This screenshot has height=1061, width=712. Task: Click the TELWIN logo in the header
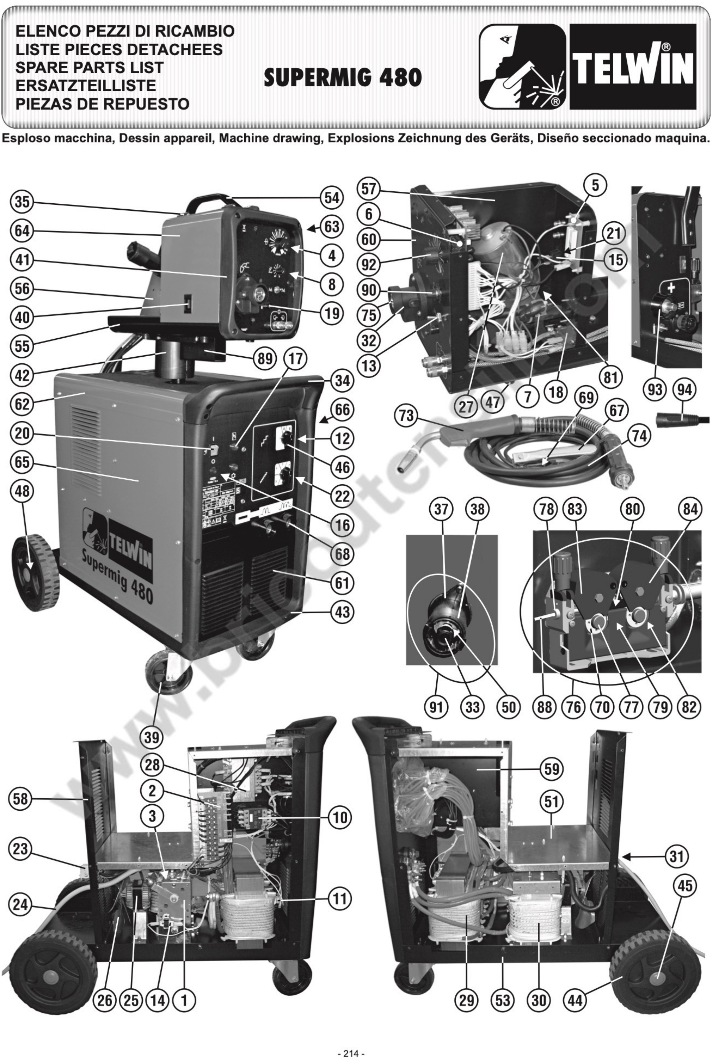tap(633, 67)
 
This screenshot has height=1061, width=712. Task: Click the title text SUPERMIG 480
tap(343, 78)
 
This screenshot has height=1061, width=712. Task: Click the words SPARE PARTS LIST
tap(90, 67)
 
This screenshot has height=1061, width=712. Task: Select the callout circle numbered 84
tap(690, 509)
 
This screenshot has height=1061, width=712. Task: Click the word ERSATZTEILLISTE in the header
tap(86, 85)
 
